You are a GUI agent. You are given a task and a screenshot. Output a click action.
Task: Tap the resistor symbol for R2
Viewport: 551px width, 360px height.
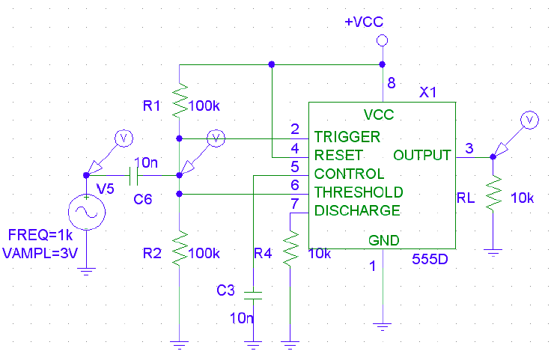point(180,248)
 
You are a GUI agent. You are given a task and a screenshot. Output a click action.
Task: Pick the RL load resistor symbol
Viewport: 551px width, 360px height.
point(493,193)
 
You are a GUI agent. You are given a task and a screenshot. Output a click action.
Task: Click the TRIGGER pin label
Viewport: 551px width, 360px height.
point(347,137)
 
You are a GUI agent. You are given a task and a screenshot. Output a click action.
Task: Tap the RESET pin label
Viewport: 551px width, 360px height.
point(338,155)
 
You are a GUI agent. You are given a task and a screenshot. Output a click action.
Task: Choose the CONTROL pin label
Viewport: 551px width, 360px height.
point(349,174)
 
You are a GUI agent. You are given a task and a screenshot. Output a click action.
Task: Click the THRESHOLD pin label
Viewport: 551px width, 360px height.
point(358,192)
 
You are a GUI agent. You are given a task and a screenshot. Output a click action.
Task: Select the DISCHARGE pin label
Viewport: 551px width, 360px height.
point(356,210)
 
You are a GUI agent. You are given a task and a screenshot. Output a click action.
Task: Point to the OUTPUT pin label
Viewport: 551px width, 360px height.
point(421,155)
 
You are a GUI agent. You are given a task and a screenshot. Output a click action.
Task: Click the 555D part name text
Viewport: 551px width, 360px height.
point(430,260)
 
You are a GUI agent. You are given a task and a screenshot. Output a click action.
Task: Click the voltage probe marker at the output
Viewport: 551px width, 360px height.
point(529,120)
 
